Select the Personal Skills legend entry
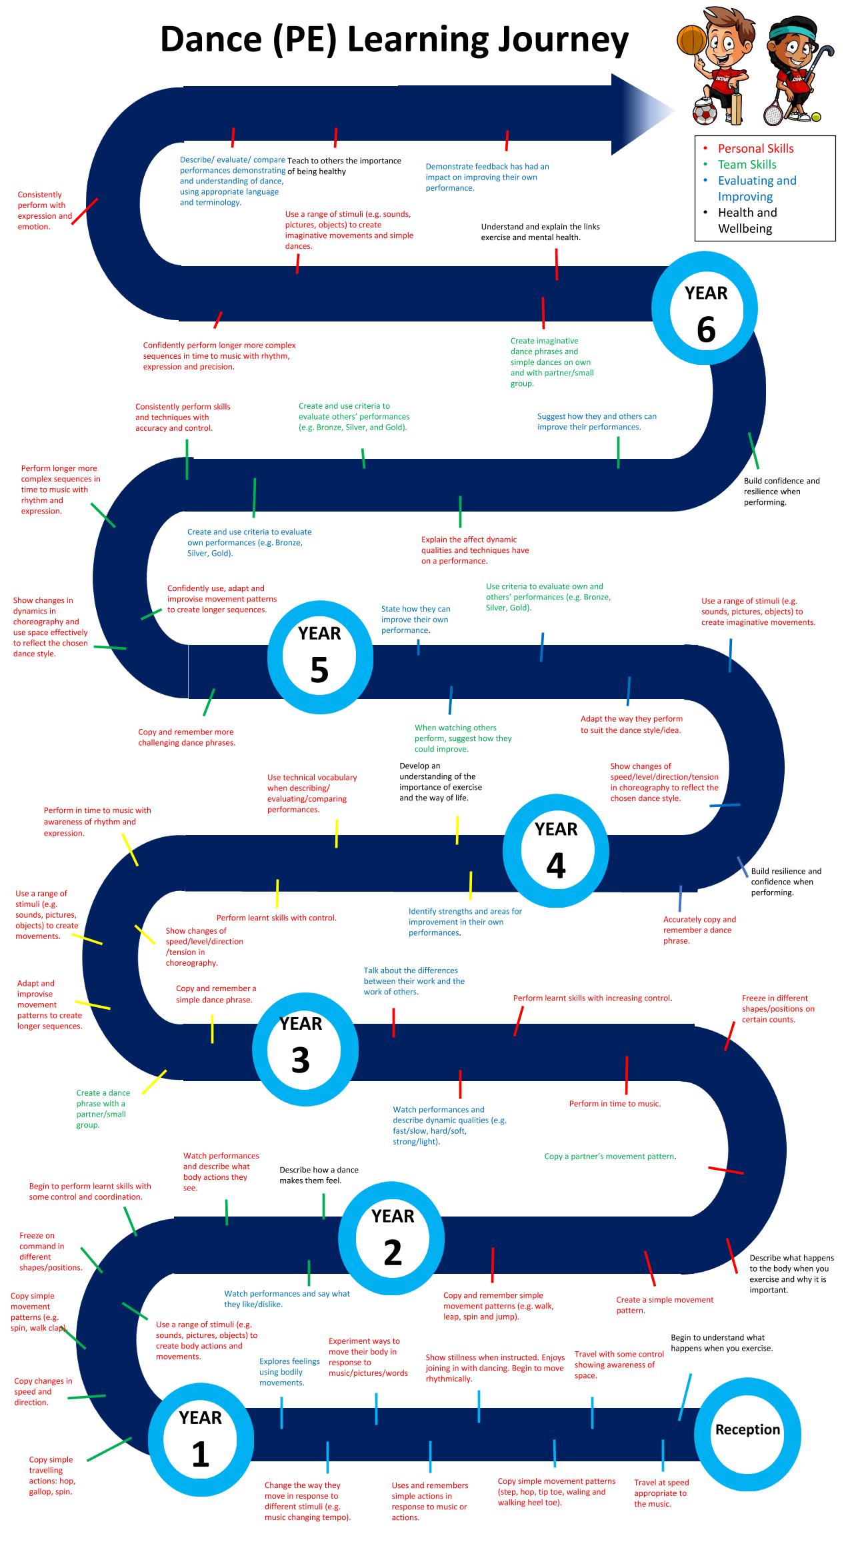click(755, 149)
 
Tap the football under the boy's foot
click(705, 113)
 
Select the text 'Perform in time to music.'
click(615, 1104)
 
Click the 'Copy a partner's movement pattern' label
click(610, 1156)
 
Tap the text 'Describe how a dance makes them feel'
click(319, 1175)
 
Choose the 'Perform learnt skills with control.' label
click(276, 918)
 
